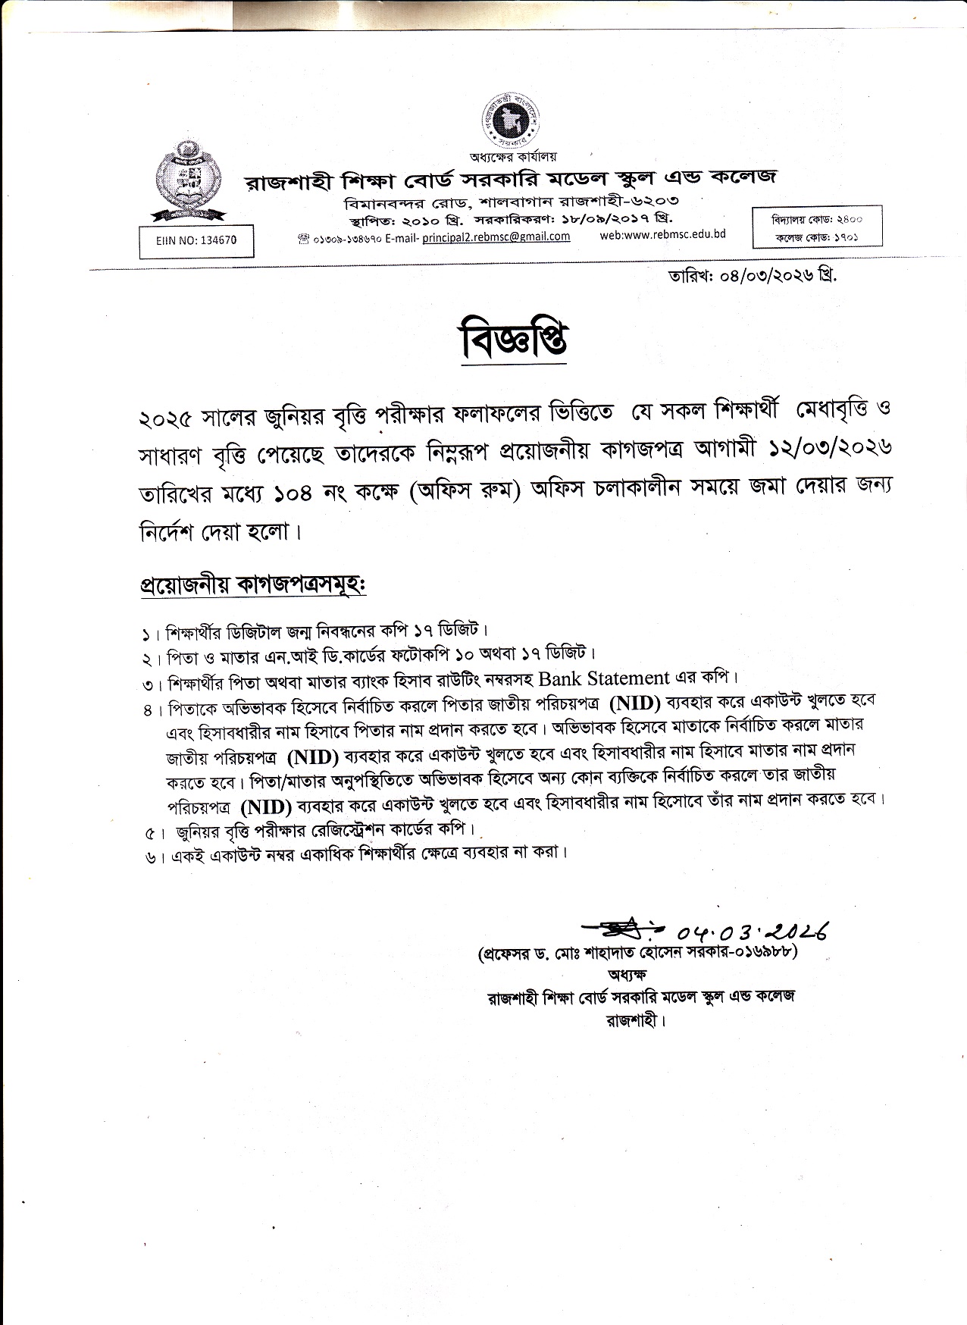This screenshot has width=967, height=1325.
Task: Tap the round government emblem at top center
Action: pyautogui.click(x=513, y=121)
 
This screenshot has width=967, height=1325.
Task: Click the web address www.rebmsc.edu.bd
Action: pyautogui.click(x=662, y=234)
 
